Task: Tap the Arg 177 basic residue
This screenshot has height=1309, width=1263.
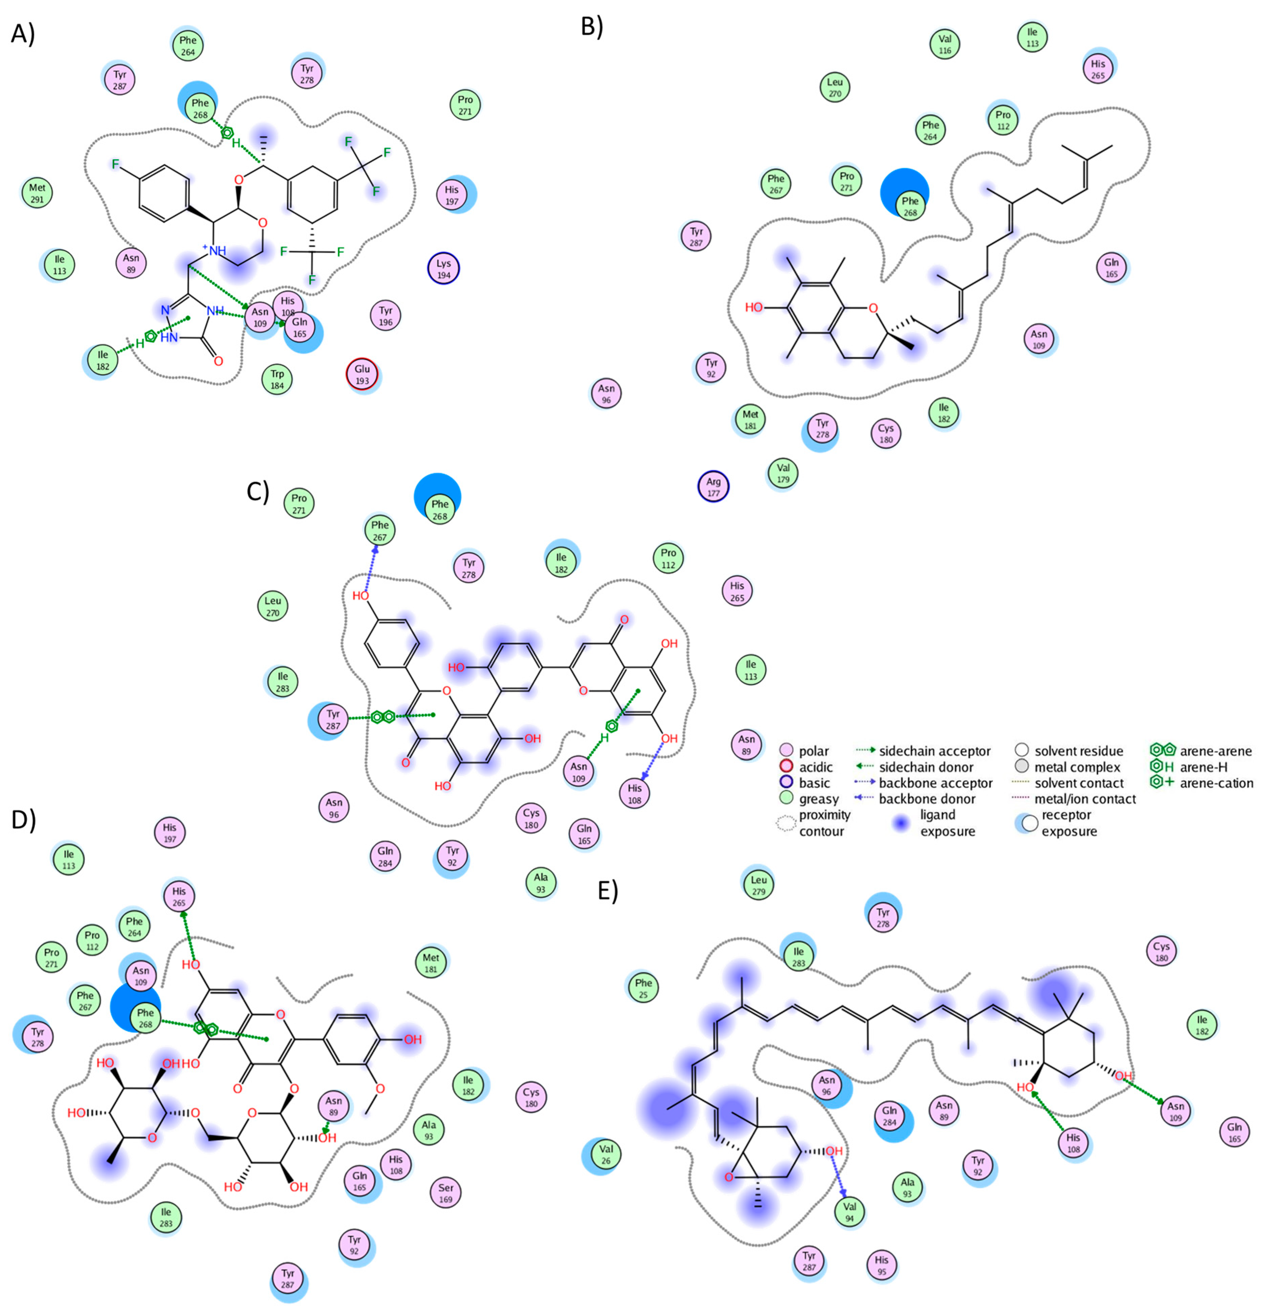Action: [714, 487]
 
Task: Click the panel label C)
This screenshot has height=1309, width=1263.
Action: [258, 491]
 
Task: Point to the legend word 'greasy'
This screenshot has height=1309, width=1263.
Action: [819, 799]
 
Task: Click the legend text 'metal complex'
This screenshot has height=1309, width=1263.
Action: [1077, 767]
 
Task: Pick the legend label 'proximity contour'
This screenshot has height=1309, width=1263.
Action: [824, 823]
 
